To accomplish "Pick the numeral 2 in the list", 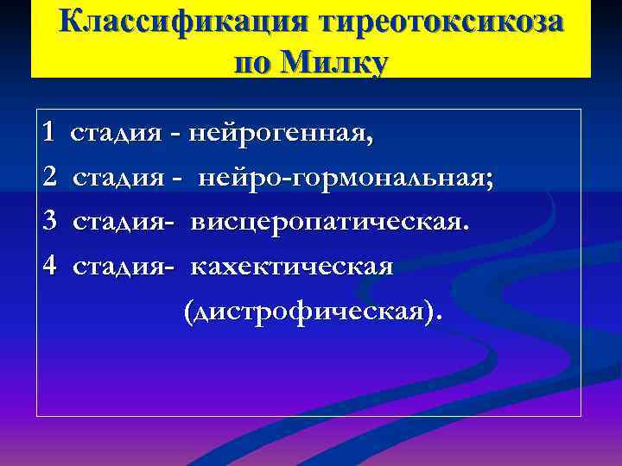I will tap(49, 179).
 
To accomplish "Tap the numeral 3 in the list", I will tap(49, 223).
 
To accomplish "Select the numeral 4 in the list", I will tap(49, 267).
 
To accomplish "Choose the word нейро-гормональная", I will tap(342, 179).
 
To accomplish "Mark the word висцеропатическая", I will tap(328, 224).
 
